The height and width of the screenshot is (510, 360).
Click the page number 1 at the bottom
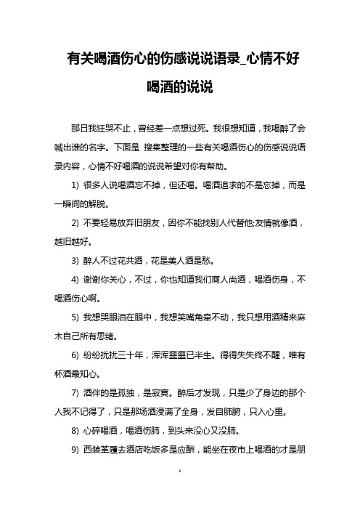pyautogui.click(x=179, y=491)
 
